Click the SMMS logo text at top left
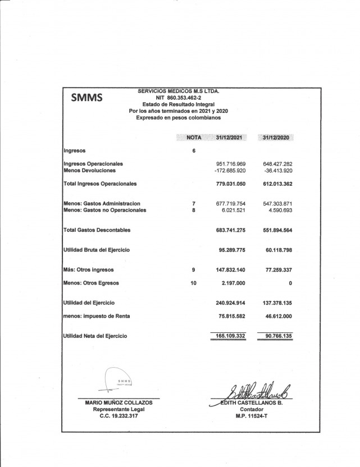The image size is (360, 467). tap(86, 98)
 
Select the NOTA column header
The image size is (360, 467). tap(194, 138)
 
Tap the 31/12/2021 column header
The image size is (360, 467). tap(231, 138)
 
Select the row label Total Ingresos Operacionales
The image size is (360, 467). tap(100, 184)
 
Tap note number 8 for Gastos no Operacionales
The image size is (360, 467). tap(194, 210)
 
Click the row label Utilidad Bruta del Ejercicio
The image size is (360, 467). tap(99, 249)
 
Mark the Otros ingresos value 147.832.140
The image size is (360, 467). tap(231, 270)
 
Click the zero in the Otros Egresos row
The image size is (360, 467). tap(290, 283)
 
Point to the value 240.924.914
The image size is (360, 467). tap(231, 303)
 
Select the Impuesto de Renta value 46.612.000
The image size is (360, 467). tap(278, 316)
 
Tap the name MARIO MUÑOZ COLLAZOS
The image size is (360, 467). tap(119, 402)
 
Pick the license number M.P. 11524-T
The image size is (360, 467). tap(251, 416)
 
